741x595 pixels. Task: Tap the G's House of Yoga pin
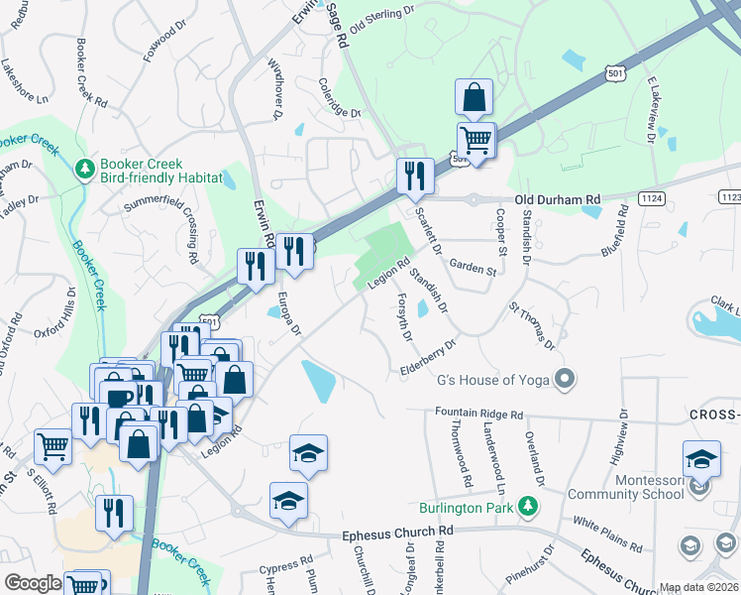565,379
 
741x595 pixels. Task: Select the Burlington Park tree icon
530,506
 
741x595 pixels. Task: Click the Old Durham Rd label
554,199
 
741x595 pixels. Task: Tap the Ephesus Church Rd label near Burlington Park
397,534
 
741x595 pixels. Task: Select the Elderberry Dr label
428,356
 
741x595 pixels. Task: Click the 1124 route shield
651,199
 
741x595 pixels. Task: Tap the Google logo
33,583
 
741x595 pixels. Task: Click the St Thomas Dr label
532,326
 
